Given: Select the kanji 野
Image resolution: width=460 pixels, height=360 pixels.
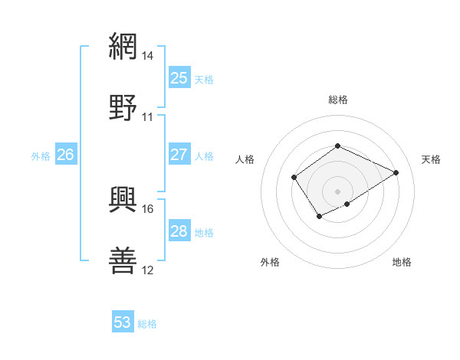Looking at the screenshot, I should (x=123, y=107).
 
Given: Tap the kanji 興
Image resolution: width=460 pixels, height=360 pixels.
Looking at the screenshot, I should (x=123, y=198).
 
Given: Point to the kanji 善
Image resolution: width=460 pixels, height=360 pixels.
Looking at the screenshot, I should (x=123, y=260).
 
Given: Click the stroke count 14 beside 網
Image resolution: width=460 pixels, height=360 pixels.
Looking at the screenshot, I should (x=147, y=55).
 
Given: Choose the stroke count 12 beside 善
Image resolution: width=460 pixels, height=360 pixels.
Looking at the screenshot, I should (x=147, y=270).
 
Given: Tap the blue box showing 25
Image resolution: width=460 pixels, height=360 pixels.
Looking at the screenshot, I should (x=179, y=78).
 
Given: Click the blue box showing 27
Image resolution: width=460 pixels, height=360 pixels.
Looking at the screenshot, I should (x=179, y=155).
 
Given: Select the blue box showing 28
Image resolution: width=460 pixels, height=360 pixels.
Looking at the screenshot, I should (x=179, y=231).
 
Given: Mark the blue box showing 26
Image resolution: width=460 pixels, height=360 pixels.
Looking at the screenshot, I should (x=65, y=155).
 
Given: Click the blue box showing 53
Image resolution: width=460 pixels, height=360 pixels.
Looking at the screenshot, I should (x=122, y=322).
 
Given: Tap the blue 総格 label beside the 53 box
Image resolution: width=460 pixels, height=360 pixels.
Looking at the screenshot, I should (x=147, y=324).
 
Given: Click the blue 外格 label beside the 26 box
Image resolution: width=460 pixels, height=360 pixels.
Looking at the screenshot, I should (x=41, y=156).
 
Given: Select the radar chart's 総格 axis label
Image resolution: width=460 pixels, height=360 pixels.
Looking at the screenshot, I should (x=337, y=100).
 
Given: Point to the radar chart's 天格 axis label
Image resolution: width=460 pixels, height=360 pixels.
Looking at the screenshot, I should (x=431, y=159).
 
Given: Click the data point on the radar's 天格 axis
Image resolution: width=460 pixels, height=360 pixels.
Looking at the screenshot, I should (x=396, y=172).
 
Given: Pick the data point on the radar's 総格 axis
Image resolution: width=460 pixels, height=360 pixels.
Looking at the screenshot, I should (x=337, y=146).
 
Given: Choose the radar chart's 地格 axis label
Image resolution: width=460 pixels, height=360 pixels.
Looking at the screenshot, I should (x=402, y=262).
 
